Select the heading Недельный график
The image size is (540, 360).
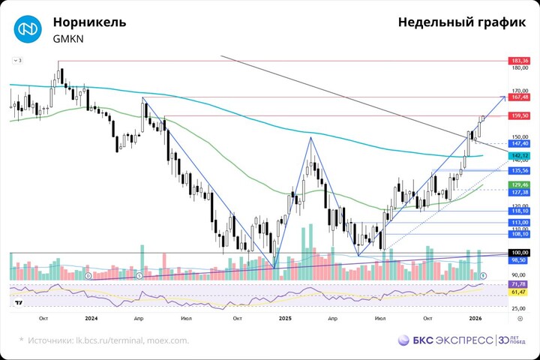pyautogui.click(x=462, y=22)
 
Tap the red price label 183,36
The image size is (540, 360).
pyautogui.click(x=520, y=60)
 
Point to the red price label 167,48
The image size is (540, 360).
pyautogui.click(x=520, y=97)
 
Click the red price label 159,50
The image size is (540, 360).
pyautogui.click(x=520, y=115)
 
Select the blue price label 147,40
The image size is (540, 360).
pyautogui.click(x=520, y=142)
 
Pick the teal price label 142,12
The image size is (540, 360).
pyautogui.click(x=520, y=155)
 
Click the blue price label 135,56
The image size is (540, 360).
pyautogui.click(x=520, y=170)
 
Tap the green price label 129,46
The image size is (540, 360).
pyautogui.click(x=520, y=184)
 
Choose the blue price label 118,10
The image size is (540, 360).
pyautogui.click(x=520, y=211)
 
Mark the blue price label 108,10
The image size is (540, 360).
pyautogui.click(x=520, y=234)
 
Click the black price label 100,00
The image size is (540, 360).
pyautogui.click(x=520, y=253)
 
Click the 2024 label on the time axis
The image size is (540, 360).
pyautogui.click(x=91, y=318)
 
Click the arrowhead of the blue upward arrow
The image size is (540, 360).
pyautogui.click(x=502, y=98)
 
